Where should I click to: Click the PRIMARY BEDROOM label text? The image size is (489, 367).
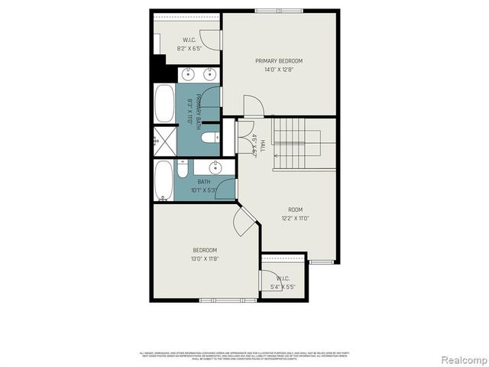click(278, 61)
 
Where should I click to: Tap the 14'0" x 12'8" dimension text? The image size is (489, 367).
click(278, 70)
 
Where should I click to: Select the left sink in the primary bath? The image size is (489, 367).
click(189, 74)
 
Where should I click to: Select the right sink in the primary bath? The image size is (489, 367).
click(208, 74)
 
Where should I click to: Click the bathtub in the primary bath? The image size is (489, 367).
click(164, 104)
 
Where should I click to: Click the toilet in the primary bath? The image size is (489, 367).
click(210, 138)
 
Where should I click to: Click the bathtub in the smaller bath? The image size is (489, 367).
click(164, 180)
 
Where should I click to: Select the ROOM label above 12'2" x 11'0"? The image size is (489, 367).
click(295, 209)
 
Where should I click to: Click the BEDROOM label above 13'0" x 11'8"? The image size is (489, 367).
click(205, 250)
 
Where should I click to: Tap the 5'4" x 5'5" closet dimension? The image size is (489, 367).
click(283, 287)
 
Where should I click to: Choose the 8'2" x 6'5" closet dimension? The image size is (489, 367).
click(190, 48)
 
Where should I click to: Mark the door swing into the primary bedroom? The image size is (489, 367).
click(253, 107)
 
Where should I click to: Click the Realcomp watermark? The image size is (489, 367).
click(461, 359)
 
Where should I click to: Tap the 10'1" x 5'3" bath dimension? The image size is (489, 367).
click(204, 190)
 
